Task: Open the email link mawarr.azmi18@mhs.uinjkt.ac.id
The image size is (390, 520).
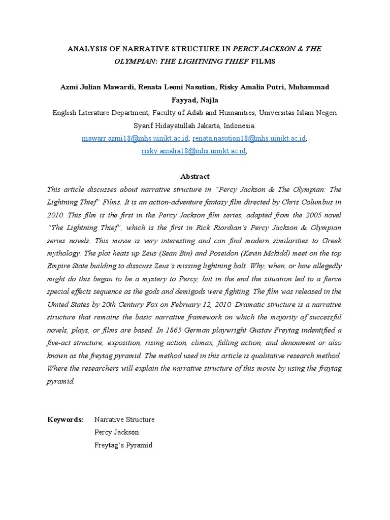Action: click(x=135, y=138)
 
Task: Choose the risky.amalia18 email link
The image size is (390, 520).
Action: click(x=193, y=151)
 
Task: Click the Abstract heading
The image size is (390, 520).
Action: click(x=195, y=176)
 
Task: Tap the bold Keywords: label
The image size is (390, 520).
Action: click(x=66, y=419)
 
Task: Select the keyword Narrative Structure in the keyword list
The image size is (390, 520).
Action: click(x=124, y=419)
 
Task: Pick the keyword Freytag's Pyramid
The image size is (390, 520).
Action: click(x=123, y=445)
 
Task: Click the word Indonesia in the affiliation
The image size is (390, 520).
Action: click(x=240, y=125)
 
